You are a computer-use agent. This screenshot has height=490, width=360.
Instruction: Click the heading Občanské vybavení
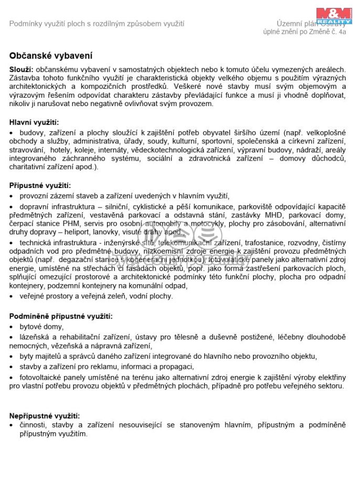coord(50,55)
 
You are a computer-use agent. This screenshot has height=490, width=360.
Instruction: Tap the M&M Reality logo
coord(334,15)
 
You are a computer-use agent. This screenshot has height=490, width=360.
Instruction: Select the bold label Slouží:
coord(21,69)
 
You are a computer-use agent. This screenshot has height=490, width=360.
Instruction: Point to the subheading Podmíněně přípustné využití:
coord(61,316)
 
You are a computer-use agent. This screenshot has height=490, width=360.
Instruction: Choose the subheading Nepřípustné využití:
coord(45,416)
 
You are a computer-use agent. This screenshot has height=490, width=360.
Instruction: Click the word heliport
coord(80,232)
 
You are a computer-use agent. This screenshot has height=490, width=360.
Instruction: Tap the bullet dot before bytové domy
coord(12,327)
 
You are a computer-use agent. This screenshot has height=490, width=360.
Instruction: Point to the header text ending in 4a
coord(304,32)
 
